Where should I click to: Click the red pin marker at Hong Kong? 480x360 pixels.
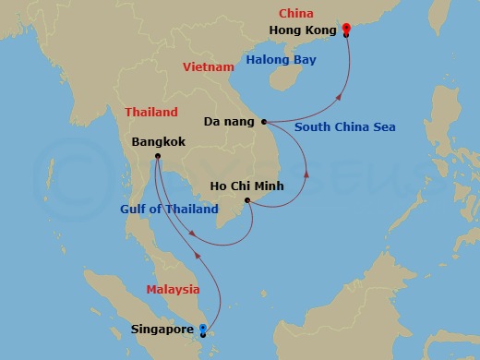coord(345,29)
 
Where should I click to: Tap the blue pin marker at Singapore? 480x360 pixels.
coord(203,328)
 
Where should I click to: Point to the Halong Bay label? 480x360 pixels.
coord(280,60)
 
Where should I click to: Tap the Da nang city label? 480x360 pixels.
coord(230,121)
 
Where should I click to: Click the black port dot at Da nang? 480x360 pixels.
coord(264,121)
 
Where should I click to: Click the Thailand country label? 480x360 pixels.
coord(151,112)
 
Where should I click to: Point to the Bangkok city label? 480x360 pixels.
coord(161,143)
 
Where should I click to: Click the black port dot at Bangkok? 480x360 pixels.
coord(158,156)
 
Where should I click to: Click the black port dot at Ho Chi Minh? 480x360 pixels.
coord(246,199)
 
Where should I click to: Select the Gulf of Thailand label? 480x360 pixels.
coord(169,209)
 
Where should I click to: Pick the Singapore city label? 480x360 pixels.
coord(162,329)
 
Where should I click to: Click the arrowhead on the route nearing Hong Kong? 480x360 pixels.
coord(341,94)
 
